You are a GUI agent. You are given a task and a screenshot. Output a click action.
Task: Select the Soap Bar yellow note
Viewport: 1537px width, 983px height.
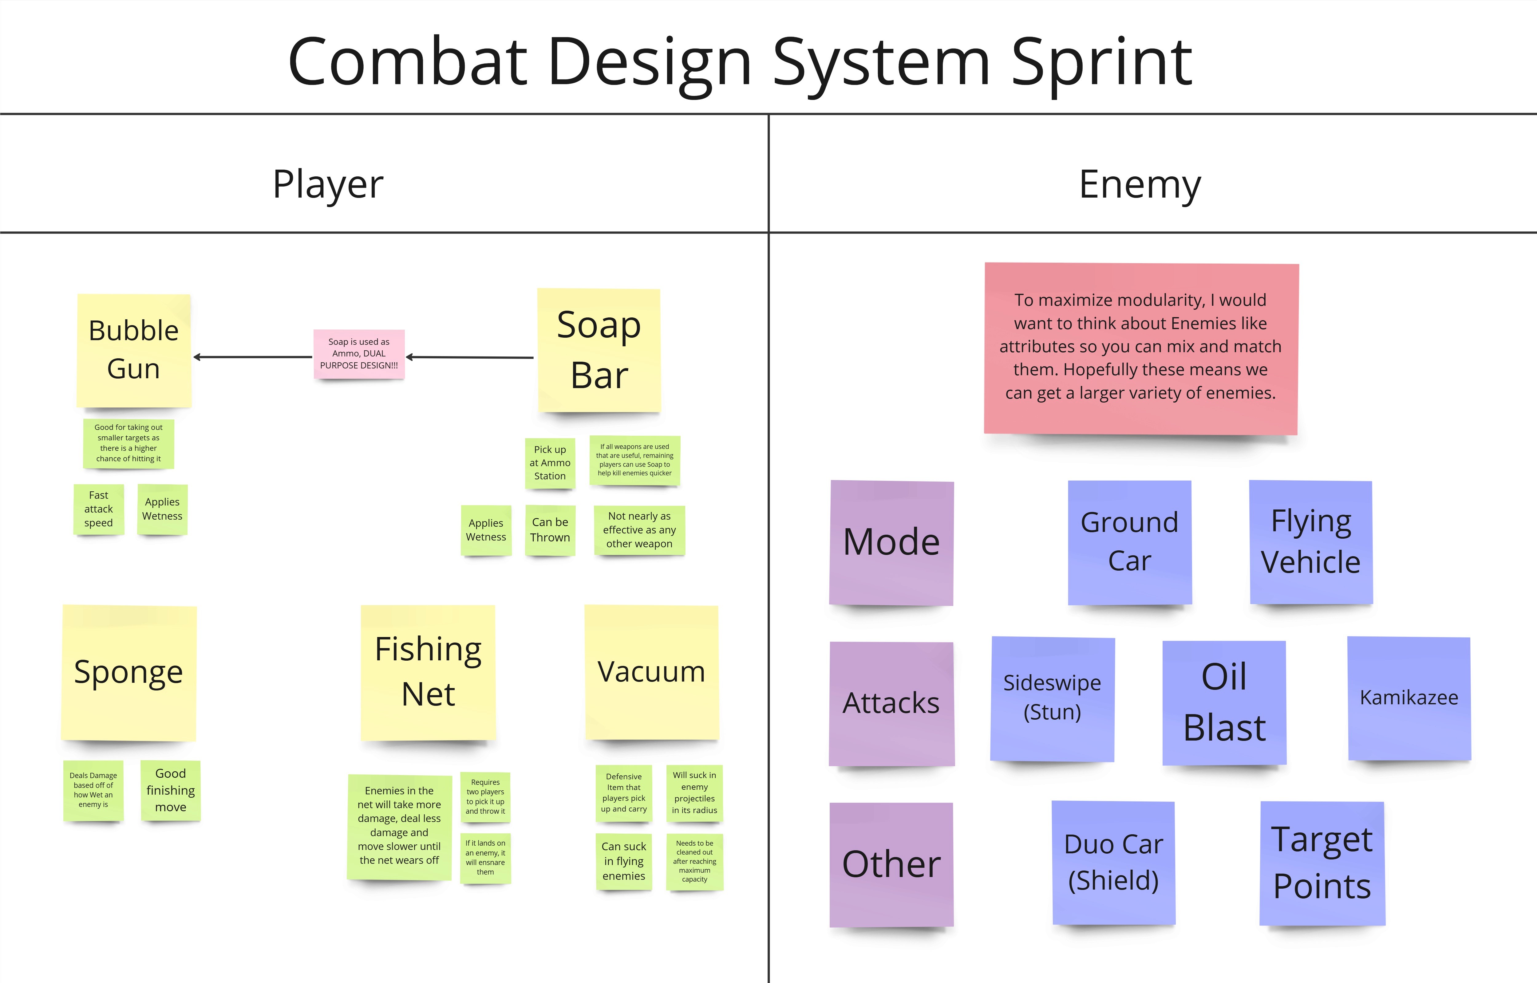[x=599, y=350]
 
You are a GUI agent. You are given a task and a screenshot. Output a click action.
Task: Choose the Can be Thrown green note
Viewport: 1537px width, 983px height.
[x=550, y=530]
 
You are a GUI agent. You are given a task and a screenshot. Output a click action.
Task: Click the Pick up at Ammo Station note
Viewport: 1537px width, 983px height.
[x=550, y=463]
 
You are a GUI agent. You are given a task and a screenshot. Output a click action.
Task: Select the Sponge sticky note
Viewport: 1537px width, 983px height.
[x=129, y=673]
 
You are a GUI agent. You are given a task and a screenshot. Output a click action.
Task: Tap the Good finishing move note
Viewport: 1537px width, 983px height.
[x=171, y=790]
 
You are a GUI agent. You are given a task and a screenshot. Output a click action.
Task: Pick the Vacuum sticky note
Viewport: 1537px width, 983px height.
[x=651, y=672]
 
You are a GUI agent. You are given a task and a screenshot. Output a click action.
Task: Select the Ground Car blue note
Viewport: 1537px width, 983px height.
[x=1130, y=542]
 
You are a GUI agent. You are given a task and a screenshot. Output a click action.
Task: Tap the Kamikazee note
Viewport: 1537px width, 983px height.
[x=1409, y=698]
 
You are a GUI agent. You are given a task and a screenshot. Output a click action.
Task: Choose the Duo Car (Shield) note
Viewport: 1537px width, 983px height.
[x=1114, y=862]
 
